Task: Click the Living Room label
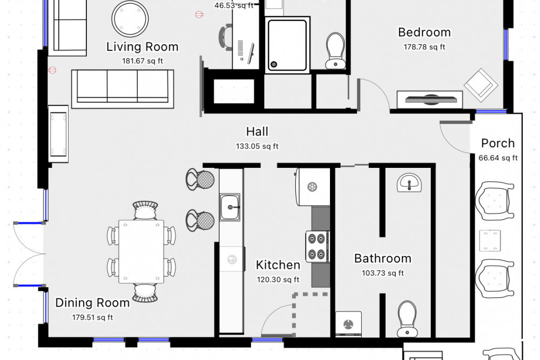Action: tap(142, 47)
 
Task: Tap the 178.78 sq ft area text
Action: tap(424, 47)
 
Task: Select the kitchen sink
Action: tap(231, 207)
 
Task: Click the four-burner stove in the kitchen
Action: tap(318, 246)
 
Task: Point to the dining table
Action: tap(141, 252)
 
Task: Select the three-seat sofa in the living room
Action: tap(123, 86)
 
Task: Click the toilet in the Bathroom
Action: tap(407, 318)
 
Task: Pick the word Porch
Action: tap(497, 144)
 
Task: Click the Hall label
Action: tap(257, 132)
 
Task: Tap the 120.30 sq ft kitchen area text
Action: tap(278, 280)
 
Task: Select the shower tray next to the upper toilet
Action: tap(287, 43)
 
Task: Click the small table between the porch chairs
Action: tap(490, 240)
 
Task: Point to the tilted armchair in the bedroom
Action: tap(480, 85)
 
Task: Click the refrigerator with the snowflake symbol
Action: tap(312, 187)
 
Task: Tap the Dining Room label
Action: tap(92, 303)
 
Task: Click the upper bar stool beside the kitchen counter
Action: tap(200, 179)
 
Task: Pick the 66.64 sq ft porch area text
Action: tap(498, 158)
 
